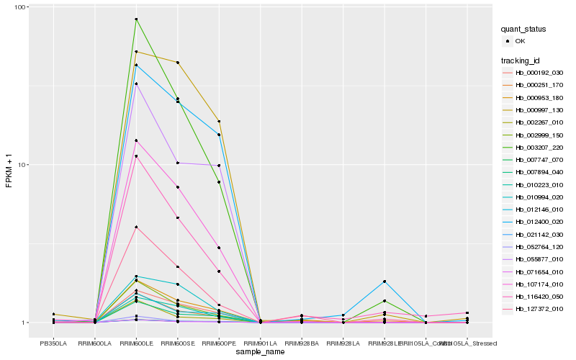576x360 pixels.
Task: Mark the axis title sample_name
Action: pyautogui.click(x=260, y=352)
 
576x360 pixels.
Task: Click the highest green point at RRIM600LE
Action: pyautogui.click(x=137, y=19)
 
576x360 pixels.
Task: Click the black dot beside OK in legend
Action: pyautogui.click(x=508, y=42)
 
